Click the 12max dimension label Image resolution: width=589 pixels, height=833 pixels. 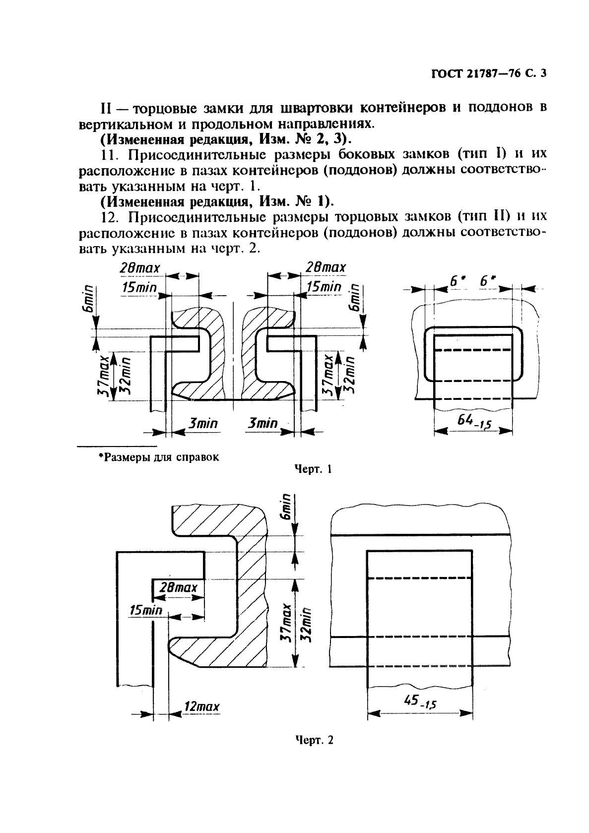(200, 706)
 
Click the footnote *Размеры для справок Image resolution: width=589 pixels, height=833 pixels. (159, 457)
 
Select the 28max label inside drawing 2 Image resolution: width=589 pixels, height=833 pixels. (179, 588)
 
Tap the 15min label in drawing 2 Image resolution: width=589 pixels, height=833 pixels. (146, 610)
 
